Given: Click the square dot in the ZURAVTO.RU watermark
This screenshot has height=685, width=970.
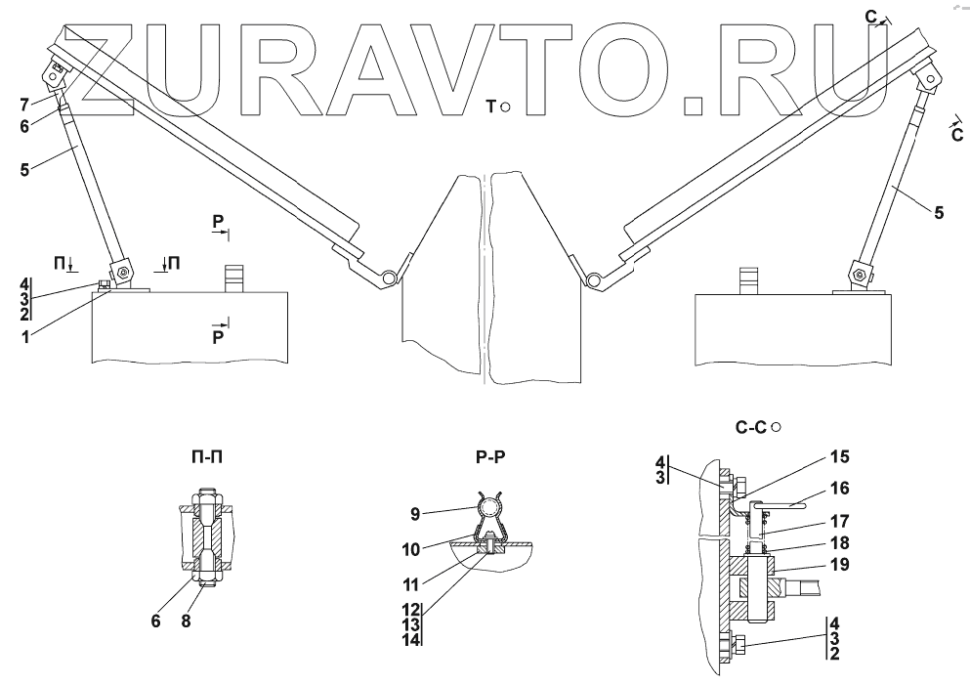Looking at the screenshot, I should pos(696,102).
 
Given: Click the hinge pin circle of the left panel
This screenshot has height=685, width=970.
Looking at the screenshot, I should pos(389,278).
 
